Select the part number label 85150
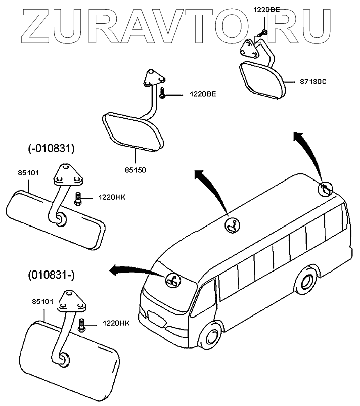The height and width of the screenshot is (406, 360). coord(134,170)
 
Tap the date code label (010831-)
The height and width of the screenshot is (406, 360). coord(51,275)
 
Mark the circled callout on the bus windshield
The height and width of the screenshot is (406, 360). coord(173,280)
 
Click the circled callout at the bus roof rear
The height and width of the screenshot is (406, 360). coord(325,189)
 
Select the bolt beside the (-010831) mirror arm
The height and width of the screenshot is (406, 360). coord(78,198)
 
